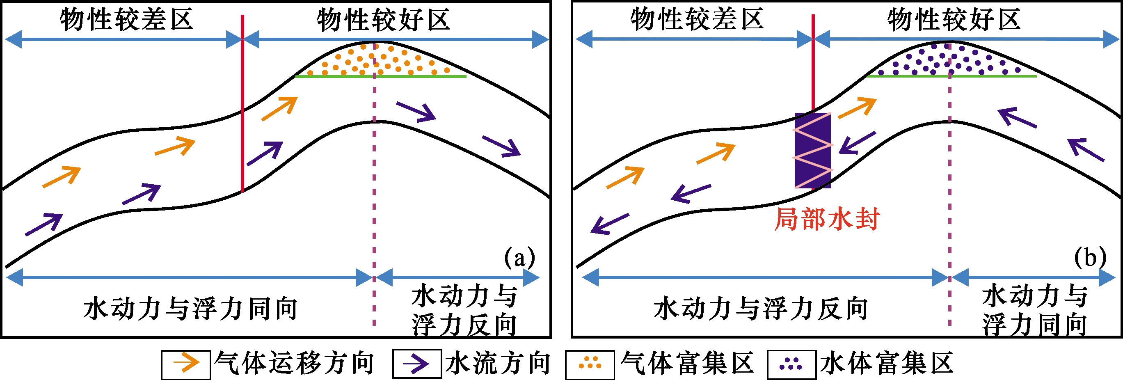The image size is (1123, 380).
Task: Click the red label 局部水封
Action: (x=826, y=219)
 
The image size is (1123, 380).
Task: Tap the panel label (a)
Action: (x=519, y=258)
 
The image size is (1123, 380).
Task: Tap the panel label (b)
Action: (x=1090, y=258)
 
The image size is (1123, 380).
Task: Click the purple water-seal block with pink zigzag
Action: (x=812, y=150)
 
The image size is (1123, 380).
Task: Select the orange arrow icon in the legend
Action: (x=186, y=364)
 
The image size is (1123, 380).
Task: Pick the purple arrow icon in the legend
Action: (x=417, y=364)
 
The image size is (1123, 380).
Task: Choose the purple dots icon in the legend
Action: (x=791, y=364)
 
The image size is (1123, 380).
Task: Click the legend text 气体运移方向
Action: (x=295, y=364)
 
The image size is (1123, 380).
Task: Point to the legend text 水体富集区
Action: (x=887, y=364)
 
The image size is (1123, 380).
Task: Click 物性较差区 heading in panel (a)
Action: (x=126, y=20)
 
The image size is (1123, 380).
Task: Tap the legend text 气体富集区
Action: (x=687, y=364)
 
